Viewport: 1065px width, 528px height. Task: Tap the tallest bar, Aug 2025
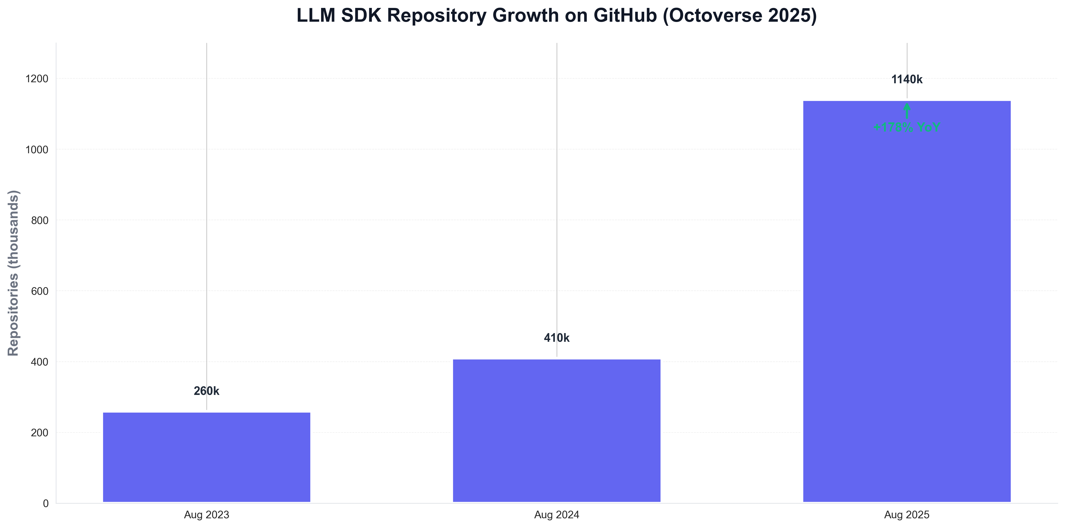click(x=907, y=302)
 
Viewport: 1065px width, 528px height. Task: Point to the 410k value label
click(x=557, y=338)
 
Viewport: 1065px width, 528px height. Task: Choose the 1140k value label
click(x=907, y=79)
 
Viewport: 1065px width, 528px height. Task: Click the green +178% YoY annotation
click(x=907, y=127)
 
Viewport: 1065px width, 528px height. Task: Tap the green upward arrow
click(x=907, y=111)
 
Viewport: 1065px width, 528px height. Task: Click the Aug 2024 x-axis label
click(x=557, y=515)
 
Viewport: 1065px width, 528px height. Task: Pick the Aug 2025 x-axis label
click(x=907, y=515)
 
